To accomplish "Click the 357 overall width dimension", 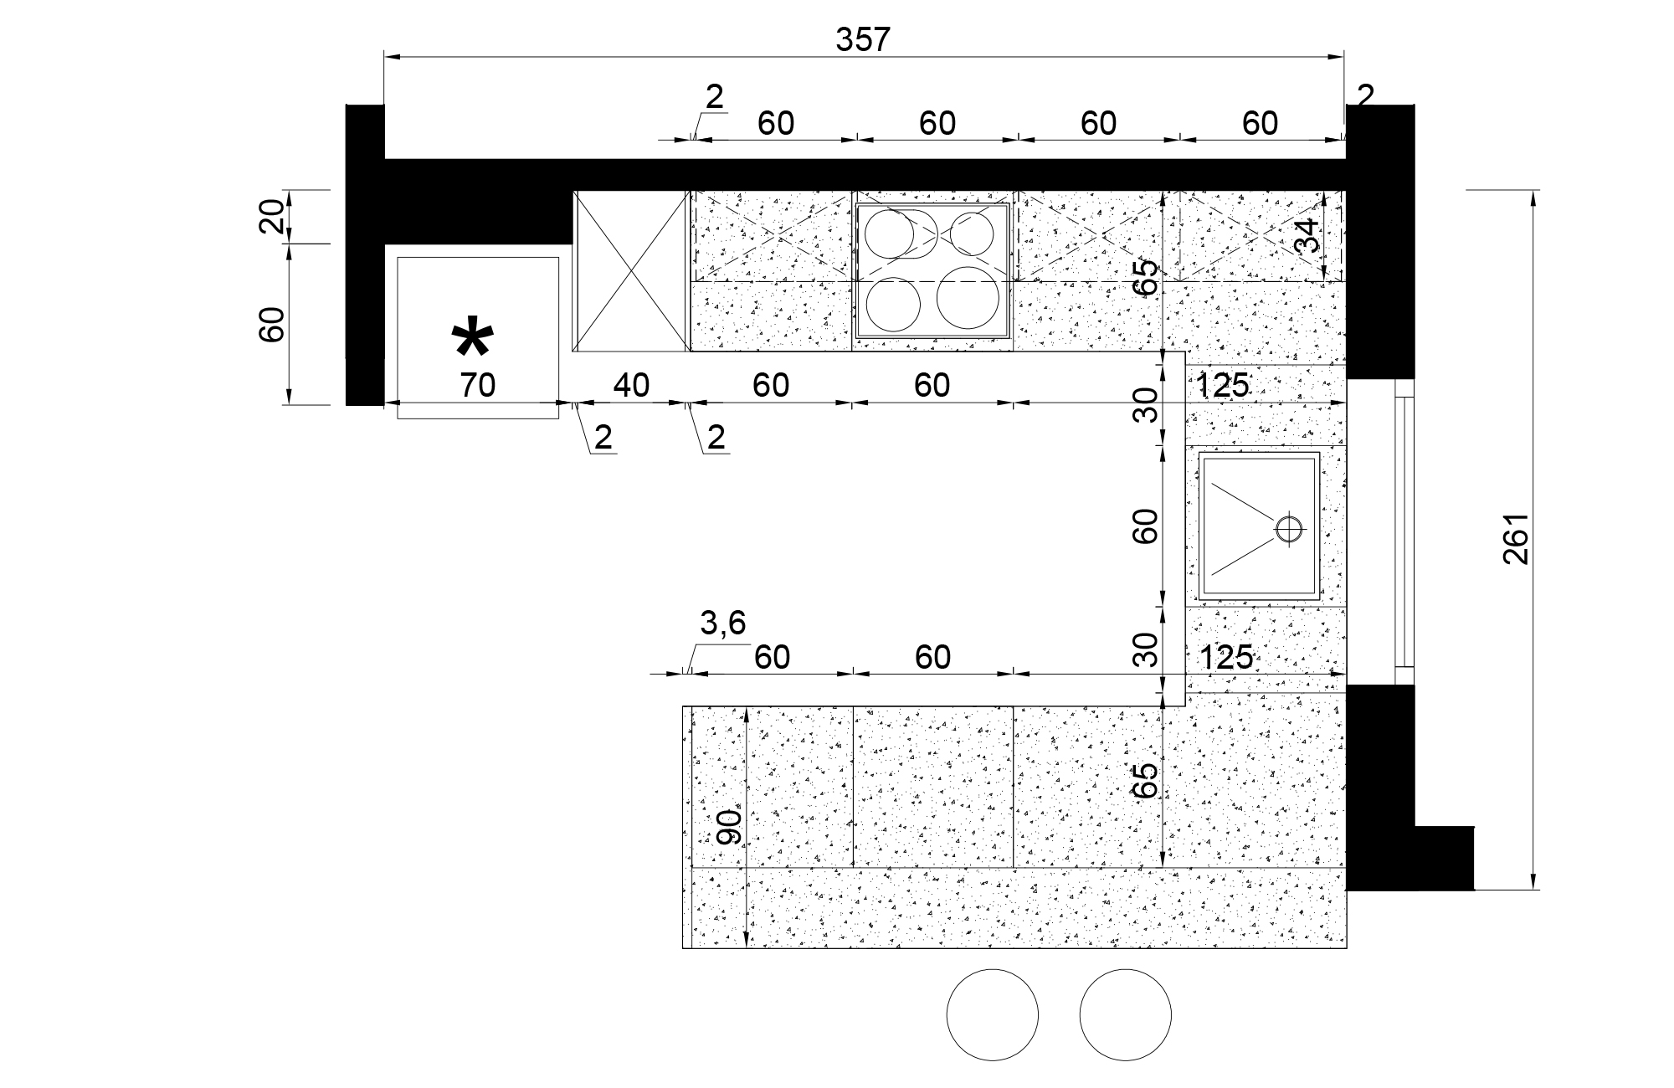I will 863,39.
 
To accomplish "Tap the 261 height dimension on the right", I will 1517,538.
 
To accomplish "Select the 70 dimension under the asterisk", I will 478,386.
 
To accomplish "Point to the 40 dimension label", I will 631,386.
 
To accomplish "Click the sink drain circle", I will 1290,528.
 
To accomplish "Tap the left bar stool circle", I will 992,1015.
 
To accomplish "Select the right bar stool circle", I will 1125,1015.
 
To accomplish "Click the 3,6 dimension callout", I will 722,624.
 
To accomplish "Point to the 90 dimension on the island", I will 730,826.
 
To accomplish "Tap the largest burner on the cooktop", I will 968,297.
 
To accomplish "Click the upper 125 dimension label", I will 1223,386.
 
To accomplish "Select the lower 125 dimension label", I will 1226,658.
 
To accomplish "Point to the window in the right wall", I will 1404,532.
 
